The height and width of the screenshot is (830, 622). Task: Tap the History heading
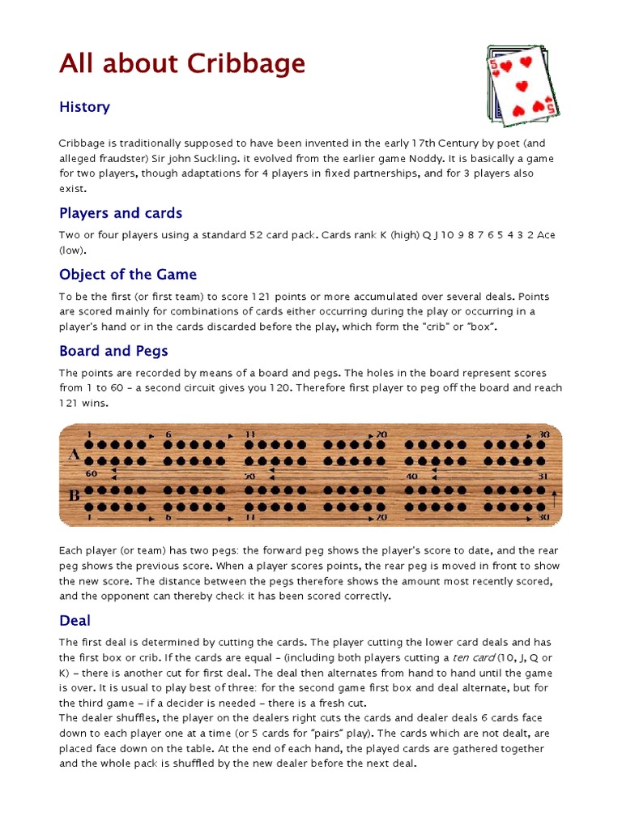point(84,107)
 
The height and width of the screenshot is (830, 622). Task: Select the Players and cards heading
point(121,213)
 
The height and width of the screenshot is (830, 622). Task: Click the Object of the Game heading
point(128,274)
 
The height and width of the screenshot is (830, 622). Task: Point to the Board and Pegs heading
point(113,351)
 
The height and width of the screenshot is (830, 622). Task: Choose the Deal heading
point(75,620)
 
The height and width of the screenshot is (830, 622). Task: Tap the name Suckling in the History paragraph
point(225,158)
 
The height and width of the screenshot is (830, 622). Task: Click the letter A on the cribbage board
point(74,455)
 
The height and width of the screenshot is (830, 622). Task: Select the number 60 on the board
point(91,473)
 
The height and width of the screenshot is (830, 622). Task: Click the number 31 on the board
point(543,476)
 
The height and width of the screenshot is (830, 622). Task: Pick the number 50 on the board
point(250,476)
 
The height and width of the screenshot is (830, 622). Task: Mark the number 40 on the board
point(412,476)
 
